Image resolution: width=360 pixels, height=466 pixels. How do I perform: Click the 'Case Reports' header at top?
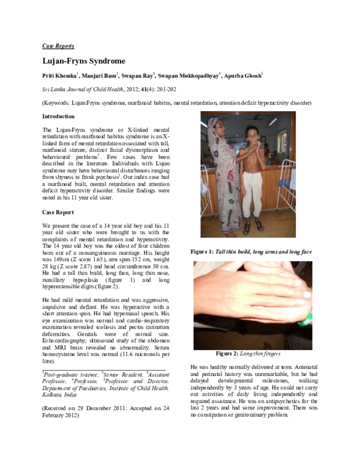click(x=58, y=46)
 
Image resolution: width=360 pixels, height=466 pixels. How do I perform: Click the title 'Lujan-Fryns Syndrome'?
click(x=83, y=61)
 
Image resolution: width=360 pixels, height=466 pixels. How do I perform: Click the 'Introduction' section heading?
click(x=58, y=116)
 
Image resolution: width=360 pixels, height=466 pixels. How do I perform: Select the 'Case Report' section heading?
click(x=58, y=213)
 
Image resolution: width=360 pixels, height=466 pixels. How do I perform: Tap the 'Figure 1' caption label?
click(x=205, y=251)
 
